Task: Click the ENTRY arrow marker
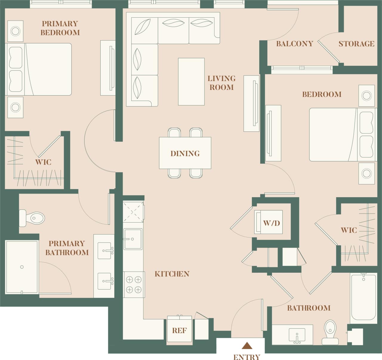pyautogui.click(x=247, y=346)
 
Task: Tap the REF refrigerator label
pyautogui.click(x=179, y=330)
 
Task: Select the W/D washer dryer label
pyautogui.click(x=271, y=223)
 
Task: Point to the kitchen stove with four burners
pyautogui.click(x=134, y=284)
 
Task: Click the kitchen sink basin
pyautogui.click(x=133, y=239)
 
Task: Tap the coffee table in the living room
pyautogui.click(x=191, y=82)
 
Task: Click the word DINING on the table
pyautogui.click(x=185, y=154)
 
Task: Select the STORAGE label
pyautogui.click(x=356, y=44)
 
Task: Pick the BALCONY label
pyautogui.click(x=295, y=44)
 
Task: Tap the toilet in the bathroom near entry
pyautogui.click(x=330, y=332)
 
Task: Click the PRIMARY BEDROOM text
pyautogui.click(x=60, y=28)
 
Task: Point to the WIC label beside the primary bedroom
pyautogui.click(x=43, y=162)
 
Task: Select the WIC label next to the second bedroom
pyautogui.click(x=349, y=230)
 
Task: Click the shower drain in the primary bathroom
pyautogui.click(x=22, y=267)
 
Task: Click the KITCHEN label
pyautogui.click(x=172, y=274)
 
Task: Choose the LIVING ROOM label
pyautogui.click(x=221, y=83)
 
